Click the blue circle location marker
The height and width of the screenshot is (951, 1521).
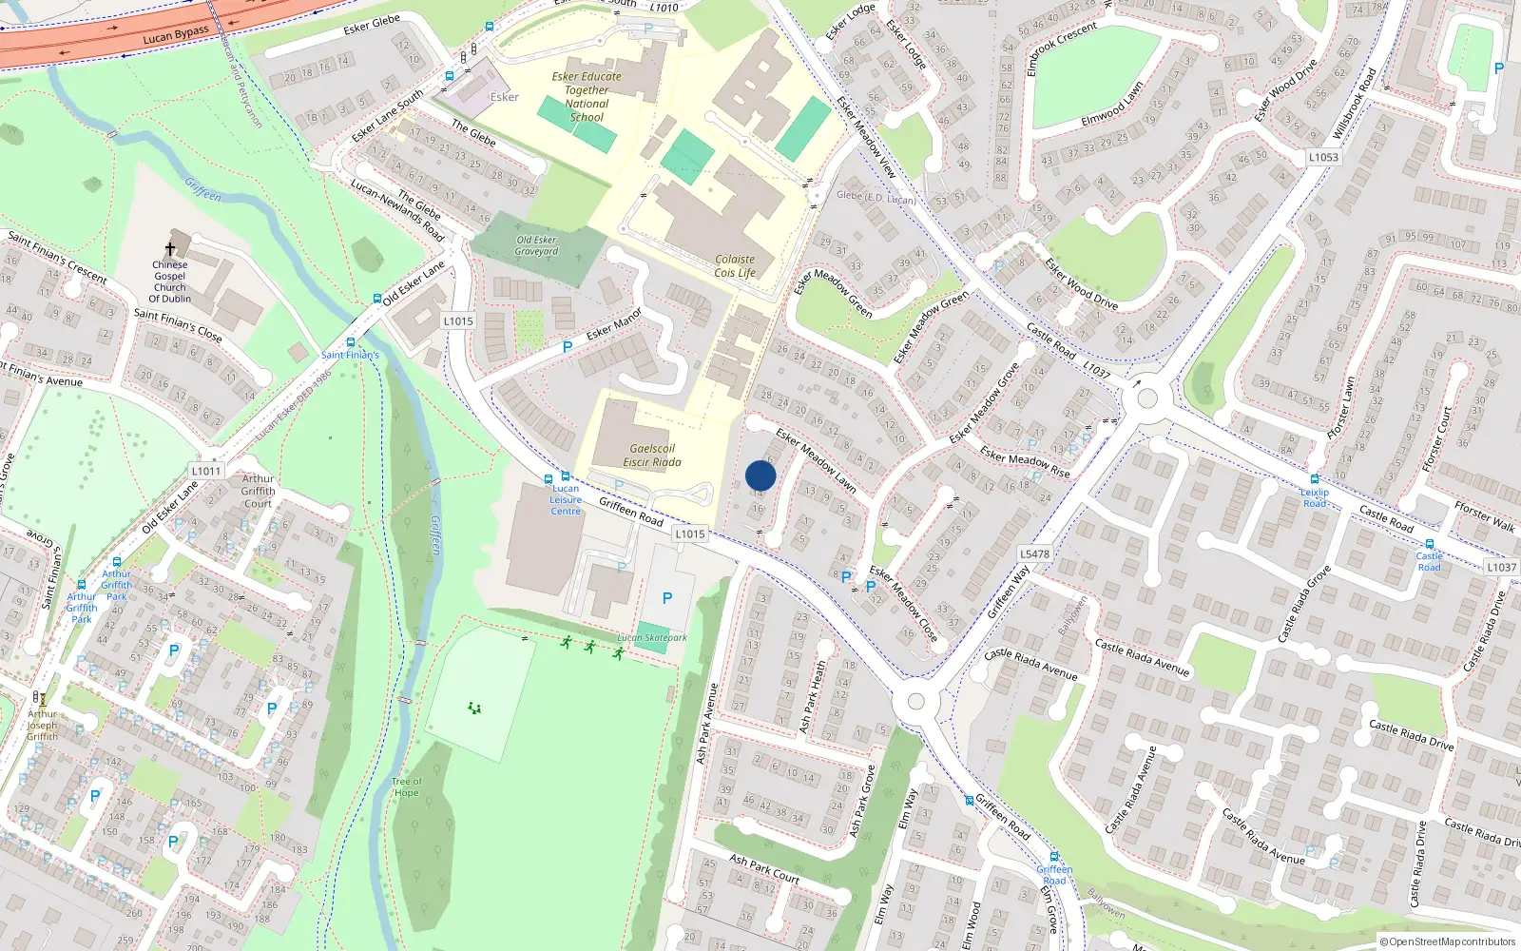[760, 475]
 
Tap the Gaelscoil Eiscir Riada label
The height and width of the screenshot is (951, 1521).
[652, 456]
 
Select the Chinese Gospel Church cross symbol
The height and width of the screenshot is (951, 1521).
[170, 249]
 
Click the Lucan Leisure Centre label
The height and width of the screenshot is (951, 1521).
[566, 499]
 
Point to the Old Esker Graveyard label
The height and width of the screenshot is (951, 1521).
[536, 246]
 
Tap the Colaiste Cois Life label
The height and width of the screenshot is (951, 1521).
[735, 265]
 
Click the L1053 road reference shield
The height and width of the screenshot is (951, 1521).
[1323, 158]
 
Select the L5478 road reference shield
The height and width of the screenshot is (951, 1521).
[1034, 553]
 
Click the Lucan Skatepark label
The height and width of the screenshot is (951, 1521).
[651, 638]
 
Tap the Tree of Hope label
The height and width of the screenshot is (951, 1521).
[406, 786]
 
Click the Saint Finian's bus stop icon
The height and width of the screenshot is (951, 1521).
[351, 342]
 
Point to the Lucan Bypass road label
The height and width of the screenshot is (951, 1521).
[176, 35]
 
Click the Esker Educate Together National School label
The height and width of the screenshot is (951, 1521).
[587, 97]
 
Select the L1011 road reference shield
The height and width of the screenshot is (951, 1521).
[206, 471]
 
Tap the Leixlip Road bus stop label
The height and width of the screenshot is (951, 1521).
[1315, 497]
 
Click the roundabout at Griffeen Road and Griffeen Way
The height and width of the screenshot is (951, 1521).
[915, 702]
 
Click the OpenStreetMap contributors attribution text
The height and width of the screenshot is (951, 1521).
[1447, 942]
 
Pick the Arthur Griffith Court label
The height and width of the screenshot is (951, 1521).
[258, 492]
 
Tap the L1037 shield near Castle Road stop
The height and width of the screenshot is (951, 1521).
[1501, 567]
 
